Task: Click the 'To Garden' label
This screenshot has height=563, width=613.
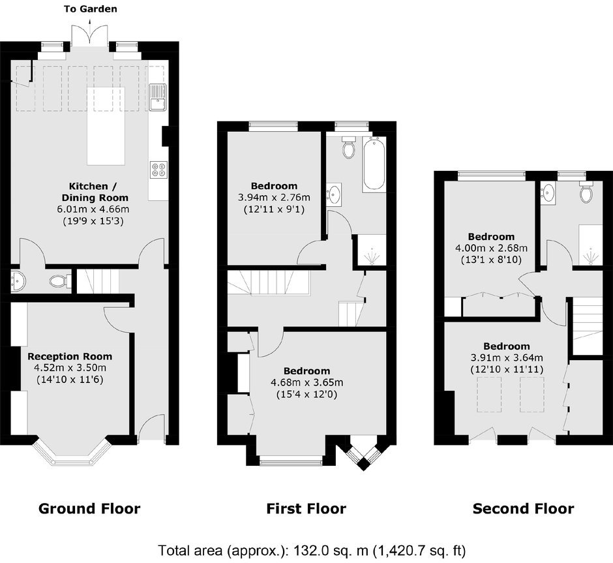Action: click(90, 9)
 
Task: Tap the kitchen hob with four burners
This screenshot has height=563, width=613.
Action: click(158, 170)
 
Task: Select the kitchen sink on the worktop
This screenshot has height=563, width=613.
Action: click(158, 97)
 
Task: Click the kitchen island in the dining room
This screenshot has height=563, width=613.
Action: click(106, 126)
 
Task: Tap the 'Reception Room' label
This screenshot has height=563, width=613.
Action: click(70, 357)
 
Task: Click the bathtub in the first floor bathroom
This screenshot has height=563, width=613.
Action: click(374, 164)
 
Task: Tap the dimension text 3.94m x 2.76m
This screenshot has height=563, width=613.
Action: click(274, 198)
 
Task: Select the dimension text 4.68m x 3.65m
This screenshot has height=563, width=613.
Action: click(307, 382)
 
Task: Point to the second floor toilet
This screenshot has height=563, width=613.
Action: click(586, 192)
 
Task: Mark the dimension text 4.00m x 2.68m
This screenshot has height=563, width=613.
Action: click(492, 248)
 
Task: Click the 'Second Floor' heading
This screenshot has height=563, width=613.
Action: click(524, 509)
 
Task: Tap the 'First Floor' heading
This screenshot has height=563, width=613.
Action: click(306, 509)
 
